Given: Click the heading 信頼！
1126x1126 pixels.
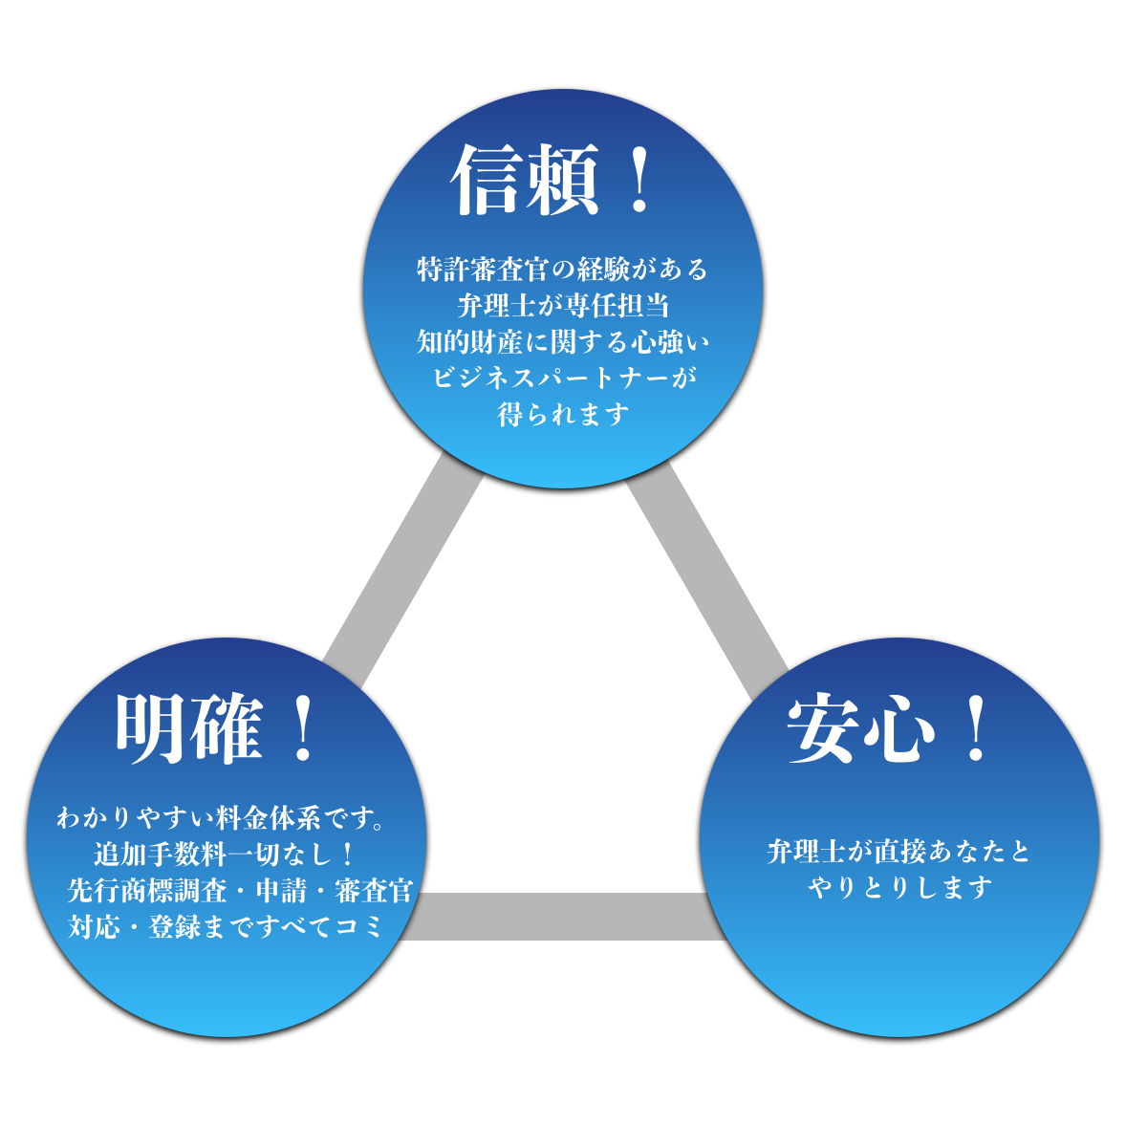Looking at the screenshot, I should point(552,181).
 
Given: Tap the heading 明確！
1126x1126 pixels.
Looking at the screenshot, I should point(218,729).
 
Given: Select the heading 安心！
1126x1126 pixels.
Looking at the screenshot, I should point(889,729).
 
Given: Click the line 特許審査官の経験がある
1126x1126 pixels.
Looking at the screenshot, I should point(562,270).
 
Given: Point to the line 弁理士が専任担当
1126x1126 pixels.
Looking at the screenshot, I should point(562,306).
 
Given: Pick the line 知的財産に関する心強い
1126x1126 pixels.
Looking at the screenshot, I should point(562,341).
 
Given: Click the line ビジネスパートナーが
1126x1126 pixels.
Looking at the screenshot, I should point(564,378).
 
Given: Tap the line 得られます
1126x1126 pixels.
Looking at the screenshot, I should point(563,414).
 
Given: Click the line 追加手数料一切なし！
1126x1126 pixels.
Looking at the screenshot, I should point(224,854).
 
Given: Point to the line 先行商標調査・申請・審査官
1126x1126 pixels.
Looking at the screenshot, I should point(240,891).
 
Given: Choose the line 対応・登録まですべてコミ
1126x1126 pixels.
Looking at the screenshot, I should point(225,926).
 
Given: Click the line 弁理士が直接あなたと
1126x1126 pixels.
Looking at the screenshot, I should point(899,851).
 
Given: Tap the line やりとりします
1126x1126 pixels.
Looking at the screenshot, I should point(899,888).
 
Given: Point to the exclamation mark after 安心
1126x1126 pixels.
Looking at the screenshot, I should point(976,729).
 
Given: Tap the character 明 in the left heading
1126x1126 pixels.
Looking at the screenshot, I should point(150,729).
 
